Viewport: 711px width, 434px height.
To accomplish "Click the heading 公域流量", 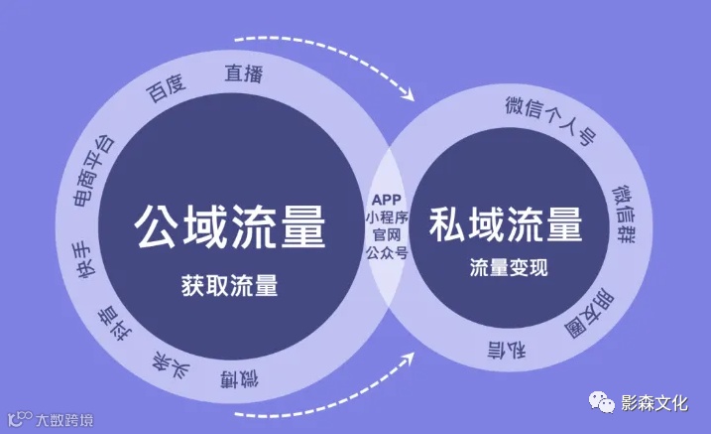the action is point(229,226).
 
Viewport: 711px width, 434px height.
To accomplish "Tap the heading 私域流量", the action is point(506,225).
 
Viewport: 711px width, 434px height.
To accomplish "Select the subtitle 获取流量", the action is point(229,285).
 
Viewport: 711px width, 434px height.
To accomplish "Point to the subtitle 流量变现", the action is point(508,268).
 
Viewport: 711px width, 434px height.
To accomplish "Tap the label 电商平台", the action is point(95,170).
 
